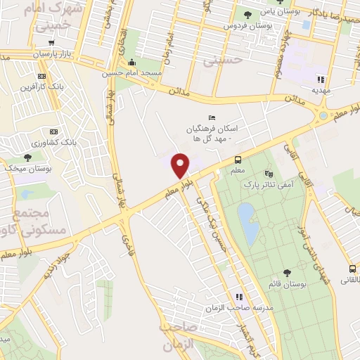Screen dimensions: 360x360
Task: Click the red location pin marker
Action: (x=181, y=165)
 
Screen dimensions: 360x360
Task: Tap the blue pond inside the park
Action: (x=246, y=221)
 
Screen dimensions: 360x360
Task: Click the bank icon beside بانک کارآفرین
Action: (x=41, y=76)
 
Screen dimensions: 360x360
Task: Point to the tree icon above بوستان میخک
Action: (x=27, y=157)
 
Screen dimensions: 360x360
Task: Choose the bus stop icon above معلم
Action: (x=238, y=160)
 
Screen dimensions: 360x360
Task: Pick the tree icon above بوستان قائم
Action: (x=286, y=271)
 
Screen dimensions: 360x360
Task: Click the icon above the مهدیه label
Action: (x=321, y=79)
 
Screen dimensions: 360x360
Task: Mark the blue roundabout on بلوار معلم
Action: (x=323, y=115)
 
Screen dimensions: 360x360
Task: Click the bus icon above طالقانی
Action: (x=352, y=269)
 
